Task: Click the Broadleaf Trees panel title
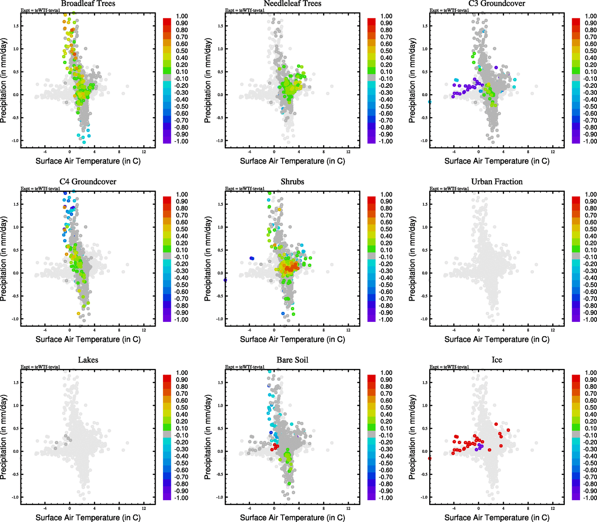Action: (x=88, y=4)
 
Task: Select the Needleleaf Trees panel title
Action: (x=292, y=4)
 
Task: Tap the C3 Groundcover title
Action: (x=497, y=4)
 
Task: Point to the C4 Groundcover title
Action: (x=88, y=182)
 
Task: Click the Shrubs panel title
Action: (x=292, y=182)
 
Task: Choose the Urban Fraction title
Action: (x=497, y=182)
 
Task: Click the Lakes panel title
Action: (x=88, y=360)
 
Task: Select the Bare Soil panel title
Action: (x=292, y=360)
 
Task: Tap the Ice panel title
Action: (x=497, y=360)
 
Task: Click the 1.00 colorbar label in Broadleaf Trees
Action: (x=182, y=16)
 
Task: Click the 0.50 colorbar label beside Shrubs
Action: (x=386, y=229)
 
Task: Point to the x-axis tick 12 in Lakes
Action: (x=144, y=508)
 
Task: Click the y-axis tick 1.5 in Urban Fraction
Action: (x=425, y=204)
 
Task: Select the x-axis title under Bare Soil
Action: (x=292, y=518)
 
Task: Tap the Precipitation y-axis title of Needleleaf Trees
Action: (x=208, y=80)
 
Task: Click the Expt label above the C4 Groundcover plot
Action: (x=40, y=189)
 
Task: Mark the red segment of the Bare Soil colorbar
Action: (x=371, y=377)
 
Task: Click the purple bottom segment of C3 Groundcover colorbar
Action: (x=576, y=141)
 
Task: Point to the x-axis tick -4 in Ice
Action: (x=454, y=508)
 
